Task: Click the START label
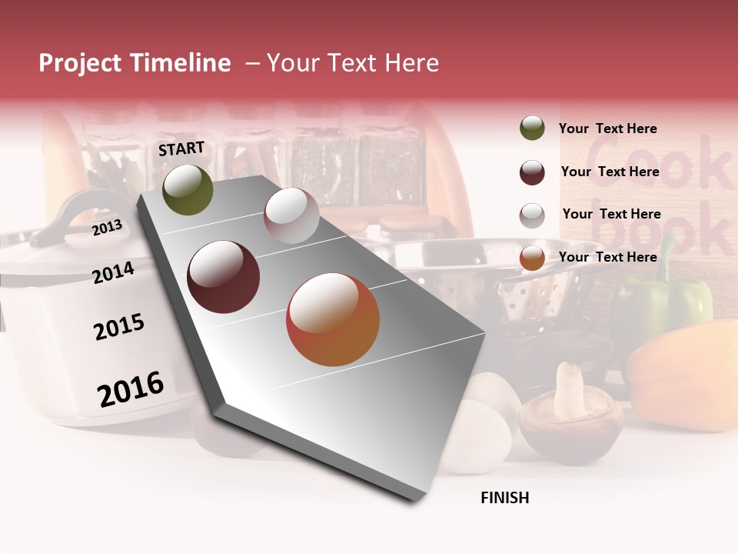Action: (x=181, y=149)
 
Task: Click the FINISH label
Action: (x=504, y=498)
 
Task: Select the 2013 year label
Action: (x=108, y=228)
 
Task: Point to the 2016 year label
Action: (x=131, y=389)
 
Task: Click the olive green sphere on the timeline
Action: (x=188, y=190)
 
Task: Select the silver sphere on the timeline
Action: (x=291, y=215)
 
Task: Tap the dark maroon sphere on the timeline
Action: (x=224, y=277)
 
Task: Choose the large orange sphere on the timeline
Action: (x=333, y=319)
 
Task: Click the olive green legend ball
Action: (x=532, y=128)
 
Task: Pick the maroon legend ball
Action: (x=532, y=172)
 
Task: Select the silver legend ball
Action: (x=532, y=215)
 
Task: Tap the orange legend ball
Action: (x=532, y=259)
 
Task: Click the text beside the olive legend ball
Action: (x=607, y=128)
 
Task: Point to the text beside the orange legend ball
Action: (x=607, y=257)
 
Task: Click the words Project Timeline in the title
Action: (x=135, y=63)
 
